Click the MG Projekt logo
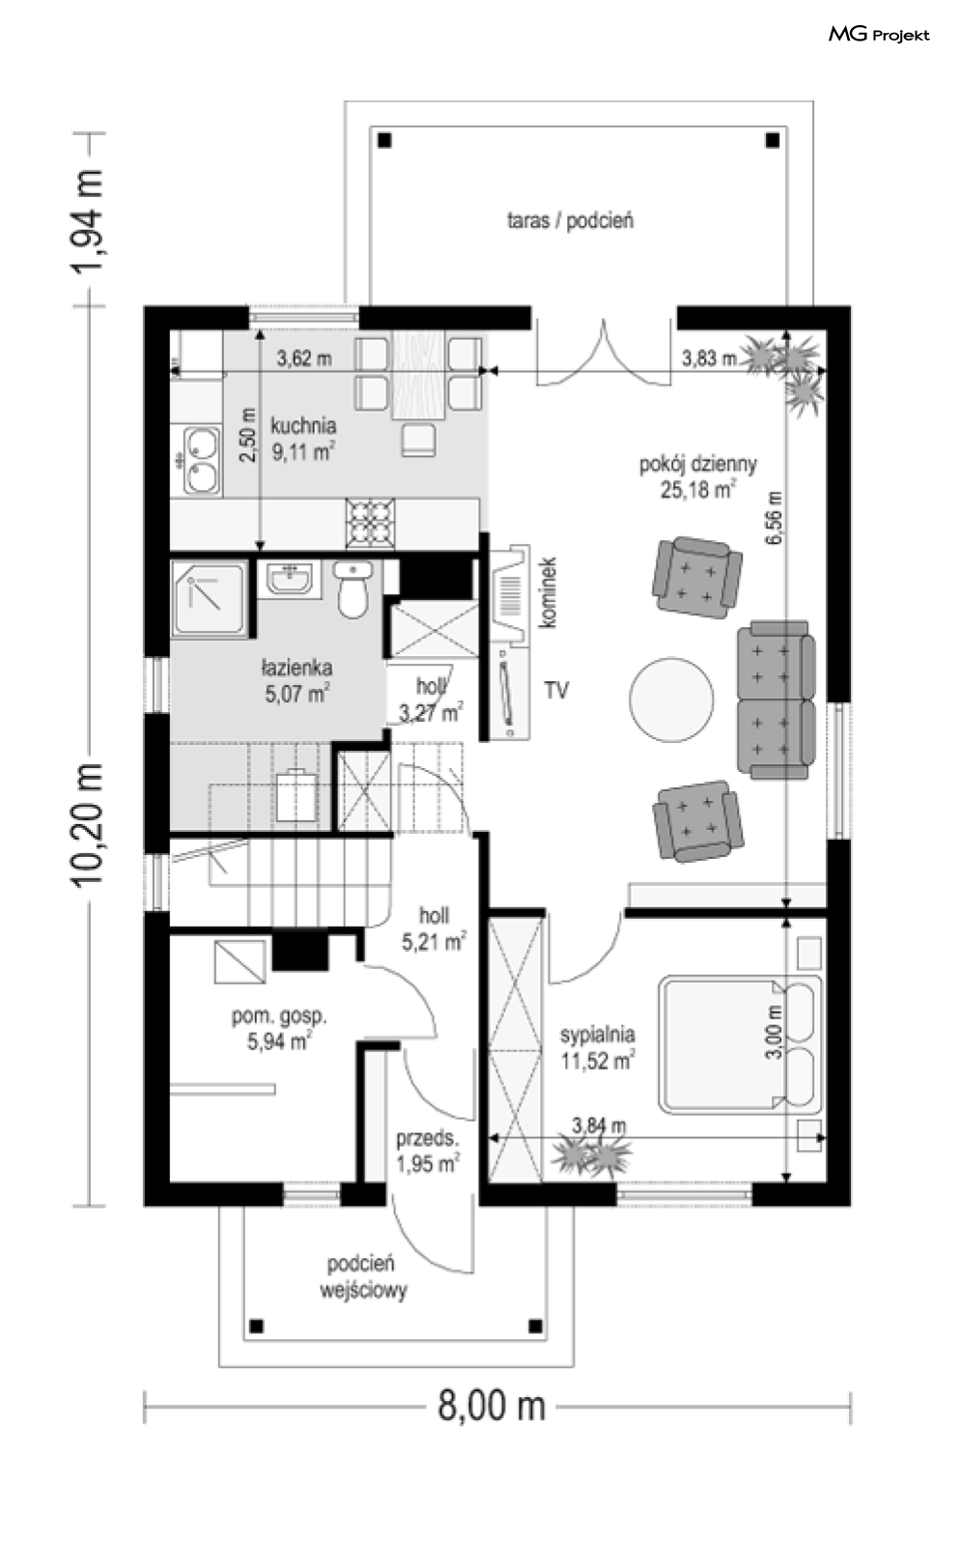click(879, 35)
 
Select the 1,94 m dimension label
click(88, 219)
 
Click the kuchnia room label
click(303, 425)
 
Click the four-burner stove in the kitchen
click(370, 524)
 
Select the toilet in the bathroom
click(353, 588)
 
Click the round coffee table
click(671, 699)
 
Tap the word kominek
click(549, 592)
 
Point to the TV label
click(556, 690)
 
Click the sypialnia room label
click(597, 1034)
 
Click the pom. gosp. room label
click(279, 1015)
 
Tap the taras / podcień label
click(570, 220)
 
